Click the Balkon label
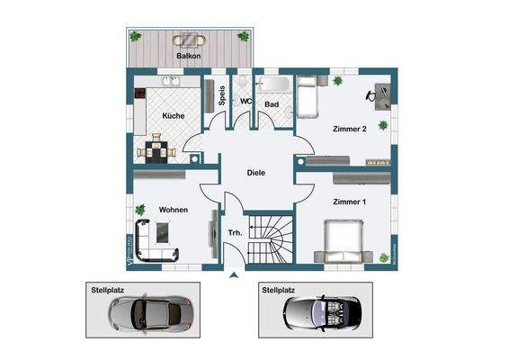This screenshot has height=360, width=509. pyautogui.click(x=189, y=57)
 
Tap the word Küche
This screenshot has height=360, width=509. pyautogui.click(x=173, y=116)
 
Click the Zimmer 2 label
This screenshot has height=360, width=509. pyautogui.click(x=349, y=129)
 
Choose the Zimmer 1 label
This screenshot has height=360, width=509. pyautogui.click(x=349, y=202)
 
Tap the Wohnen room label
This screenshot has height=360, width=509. pyautogui.click(x=173, y=210)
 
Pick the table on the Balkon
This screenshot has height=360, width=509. pyautogui.click(x=189, y=40)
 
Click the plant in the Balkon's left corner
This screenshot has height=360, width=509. pyautogui.click(x=135, y=37)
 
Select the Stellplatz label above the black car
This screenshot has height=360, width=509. pyautogui.click(x=280, y=292)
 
